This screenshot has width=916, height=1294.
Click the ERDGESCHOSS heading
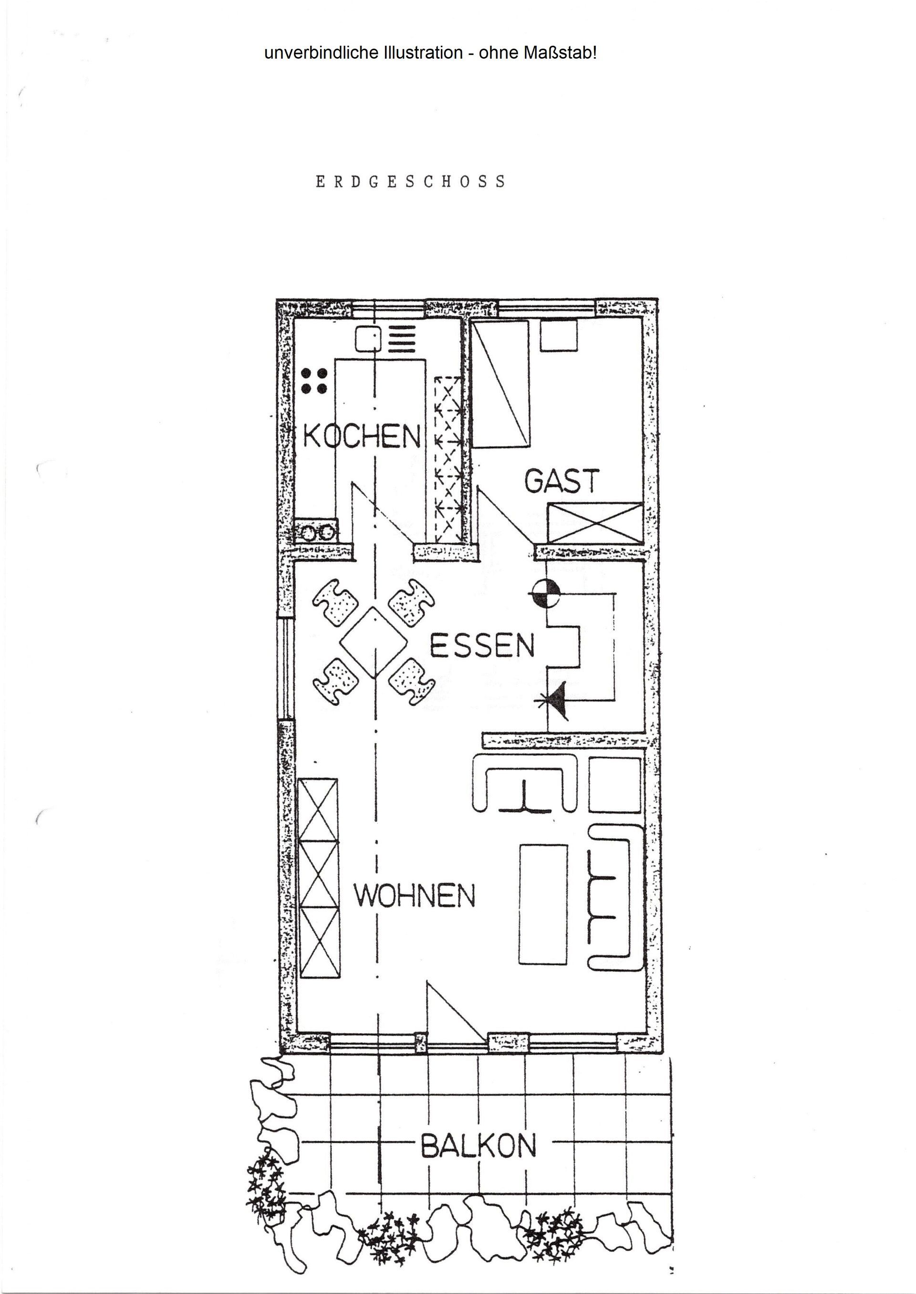tap(411, 182)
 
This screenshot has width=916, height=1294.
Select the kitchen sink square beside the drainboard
tap(368, 339)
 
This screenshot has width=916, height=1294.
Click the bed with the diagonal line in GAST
tap(500, 384)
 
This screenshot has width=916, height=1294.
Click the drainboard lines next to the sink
tap(403, 339)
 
